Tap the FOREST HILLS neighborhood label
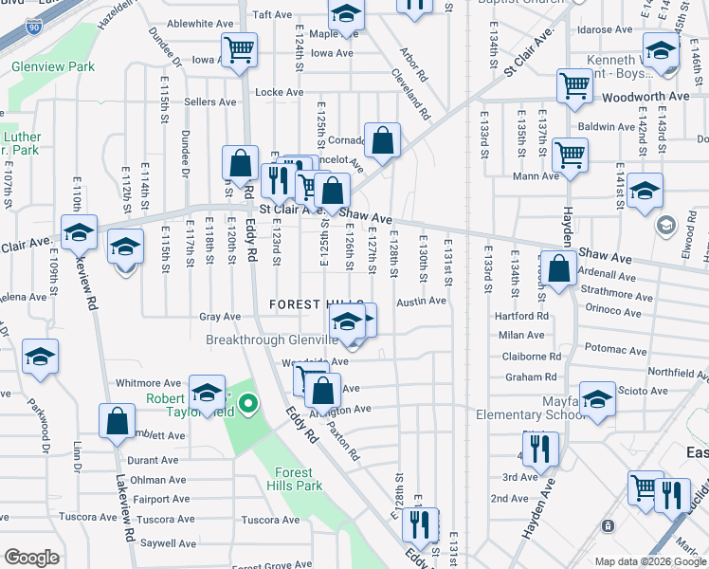(x=310, y=303)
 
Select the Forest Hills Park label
(x=299, y=479)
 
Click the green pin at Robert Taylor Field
(x=248, y=405)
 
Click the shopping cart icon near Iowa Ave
(x=240, y=48)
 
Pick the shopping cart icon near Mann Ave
(x=570, y=154)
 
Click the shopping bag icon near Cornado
(x=382, y=140)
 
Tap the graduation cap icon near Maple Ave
(x=347, y=15)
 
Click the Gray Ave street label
(x=220, y=317)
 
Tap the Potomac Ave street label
(x=616, y=349)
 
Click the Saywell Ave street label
(x=168, y=544)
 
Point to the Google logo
(x=31, y=558)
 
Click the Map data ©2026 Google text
(x=649, y=561)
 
